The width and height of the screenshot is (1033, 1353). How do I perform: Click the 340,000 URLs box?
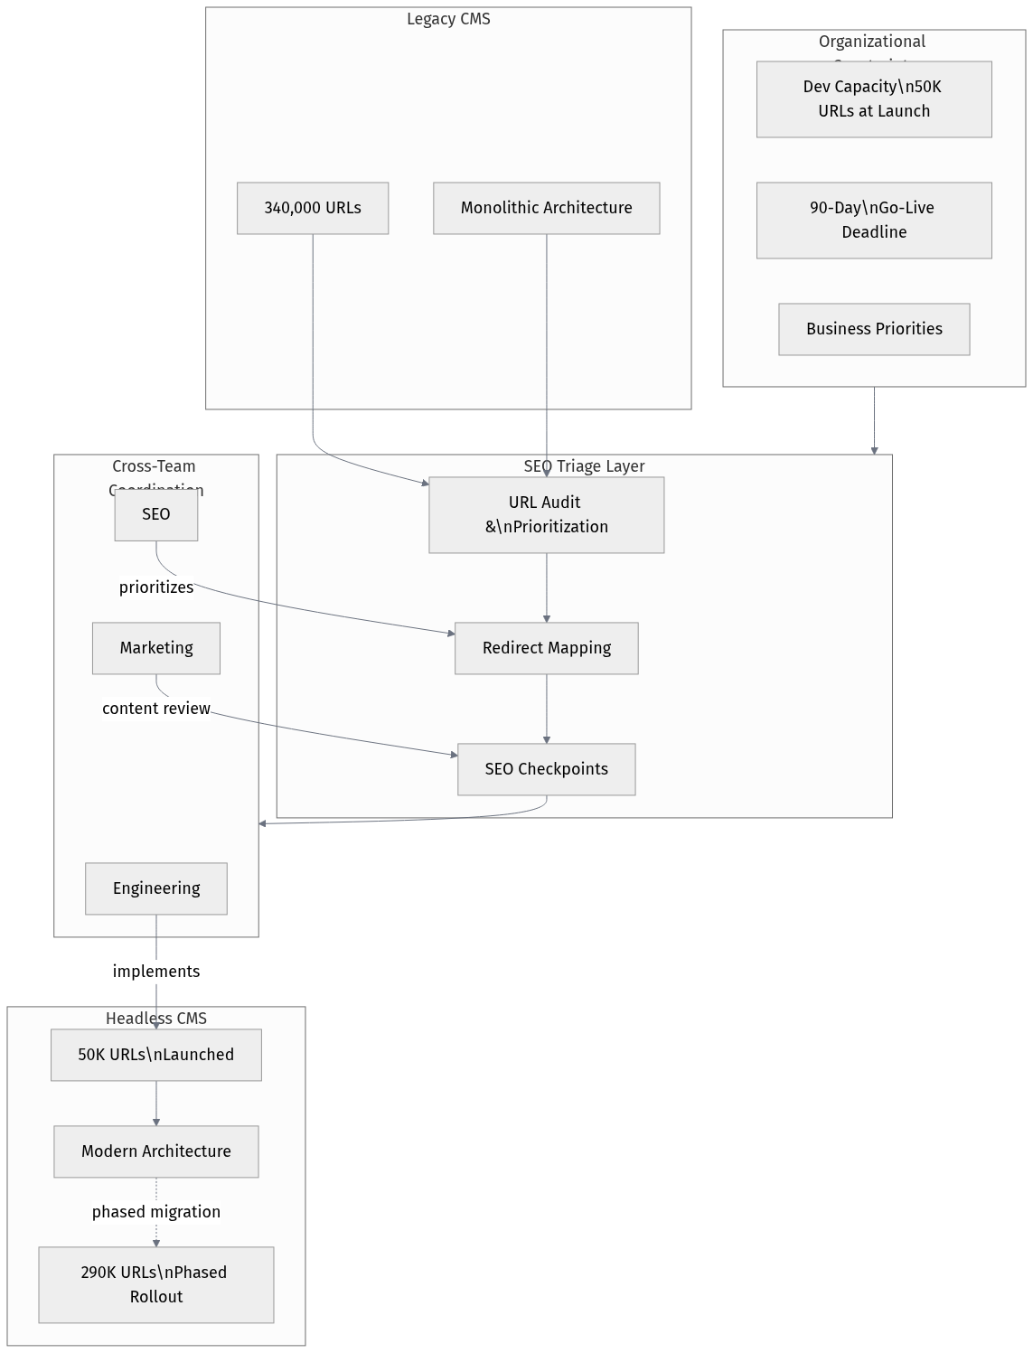[x=313, y=208]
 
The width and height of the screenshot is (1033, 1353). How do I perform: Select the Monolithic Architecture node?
[x=546, y=208]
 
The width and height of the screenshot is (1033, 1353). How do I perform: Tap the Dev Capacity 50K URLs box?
[x=873, y=99]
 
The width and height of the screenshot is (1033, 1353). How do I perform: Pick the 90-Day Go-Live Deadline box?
[x=873, y=220]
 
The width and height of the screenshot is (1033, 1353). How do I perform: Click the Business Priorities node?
[x=873, y=329]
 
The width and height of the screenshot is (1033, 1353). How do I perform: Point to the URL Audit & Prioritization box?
[x=546, y=514]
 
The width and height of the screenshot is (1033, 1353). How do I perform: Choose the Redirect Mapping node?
[x=546, y=648]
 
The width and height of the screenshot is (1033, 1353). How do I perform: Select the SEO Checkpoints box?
[x=546, y=769]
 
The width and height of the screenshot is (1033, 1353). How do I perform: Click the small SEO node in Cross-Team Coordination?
[x=155, y=514]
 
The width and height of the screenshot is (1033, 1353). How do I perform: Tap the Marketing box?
[x=155, y=648]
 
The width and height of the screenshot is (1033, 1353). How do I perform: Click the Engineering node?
[x=155, y=888]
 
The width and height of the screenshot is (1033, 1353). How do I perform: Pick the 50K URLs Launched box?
[x=155, y=1055]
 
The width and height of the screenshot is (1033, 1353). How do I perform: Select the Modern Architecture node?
[x=155, y=1151]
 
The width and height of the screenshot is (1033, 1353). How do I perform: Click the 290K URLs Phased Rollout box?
[x=155, y=1284]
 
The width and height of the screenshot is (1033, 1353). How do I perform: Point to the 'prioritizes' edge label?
[x=155, y=587]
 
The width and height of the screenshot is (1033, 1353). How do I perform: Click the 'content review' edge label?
[x=155, y=709]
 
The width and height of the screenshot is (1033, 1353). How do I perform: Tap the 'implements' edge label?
[x=155, y=972]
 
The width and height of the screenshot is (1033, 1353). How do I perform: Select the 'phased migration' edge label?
[x=155, y=1212]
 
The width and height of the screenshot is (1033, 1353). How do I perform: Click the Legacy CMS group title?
[x=448, y=19]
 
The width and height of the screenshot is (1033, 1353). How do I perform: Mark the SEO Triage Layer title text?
[x=584, y=466]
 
